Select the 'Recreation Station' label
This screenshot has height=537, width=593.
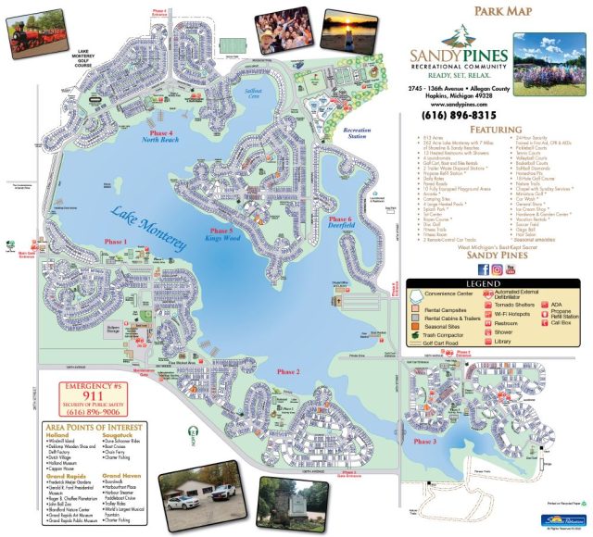(357, 134)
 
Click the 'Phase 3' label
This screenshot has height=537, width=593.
(423, 442)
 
